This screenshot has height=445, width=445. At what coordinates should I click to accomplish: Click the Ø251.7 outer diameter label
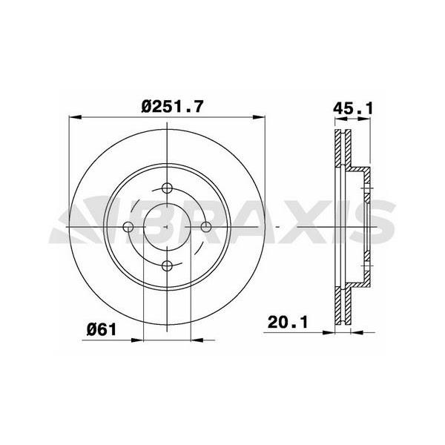pos(172,106)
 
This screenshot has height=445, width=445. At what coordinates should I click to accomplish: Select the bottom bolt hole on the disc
pos(167,265)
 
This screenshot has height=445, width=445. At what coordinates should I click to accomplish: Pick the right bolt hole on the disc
pos(206,226)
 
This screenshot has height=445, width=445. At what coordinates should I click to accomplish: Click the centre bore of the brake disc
pos(167,226)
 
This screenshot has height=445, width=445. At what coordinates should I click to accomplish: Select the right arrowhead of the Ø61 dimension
pos(197,340)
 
